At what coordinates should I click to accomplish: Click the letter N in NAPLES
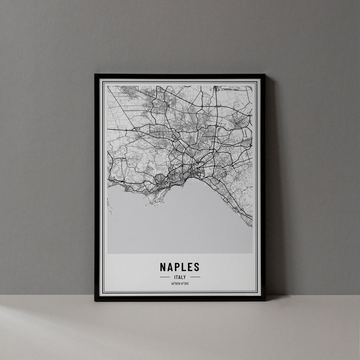pyautogui.click(x=163, y=267)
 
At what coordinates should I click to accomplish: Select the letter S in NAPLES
pyautogui.click(x=197, y=267)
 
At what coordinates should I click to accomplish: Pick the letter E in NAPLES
pyautogui.click(x=190, y=267)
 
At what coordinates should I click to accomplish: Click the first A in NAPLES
pyautogui.click(x=170, y=267)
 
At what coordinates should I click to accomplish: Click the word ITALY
pyautogui.click(x=180, y=277)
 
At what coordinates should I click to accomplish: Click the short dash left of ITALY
pyautogui.click(x=165, y=277)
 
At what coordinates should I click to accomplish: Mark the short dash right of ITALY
pyautogui.click(x=195, y=277)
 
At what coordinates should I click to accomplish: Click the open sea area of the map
pyautogui.click(x=180, y=227)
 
